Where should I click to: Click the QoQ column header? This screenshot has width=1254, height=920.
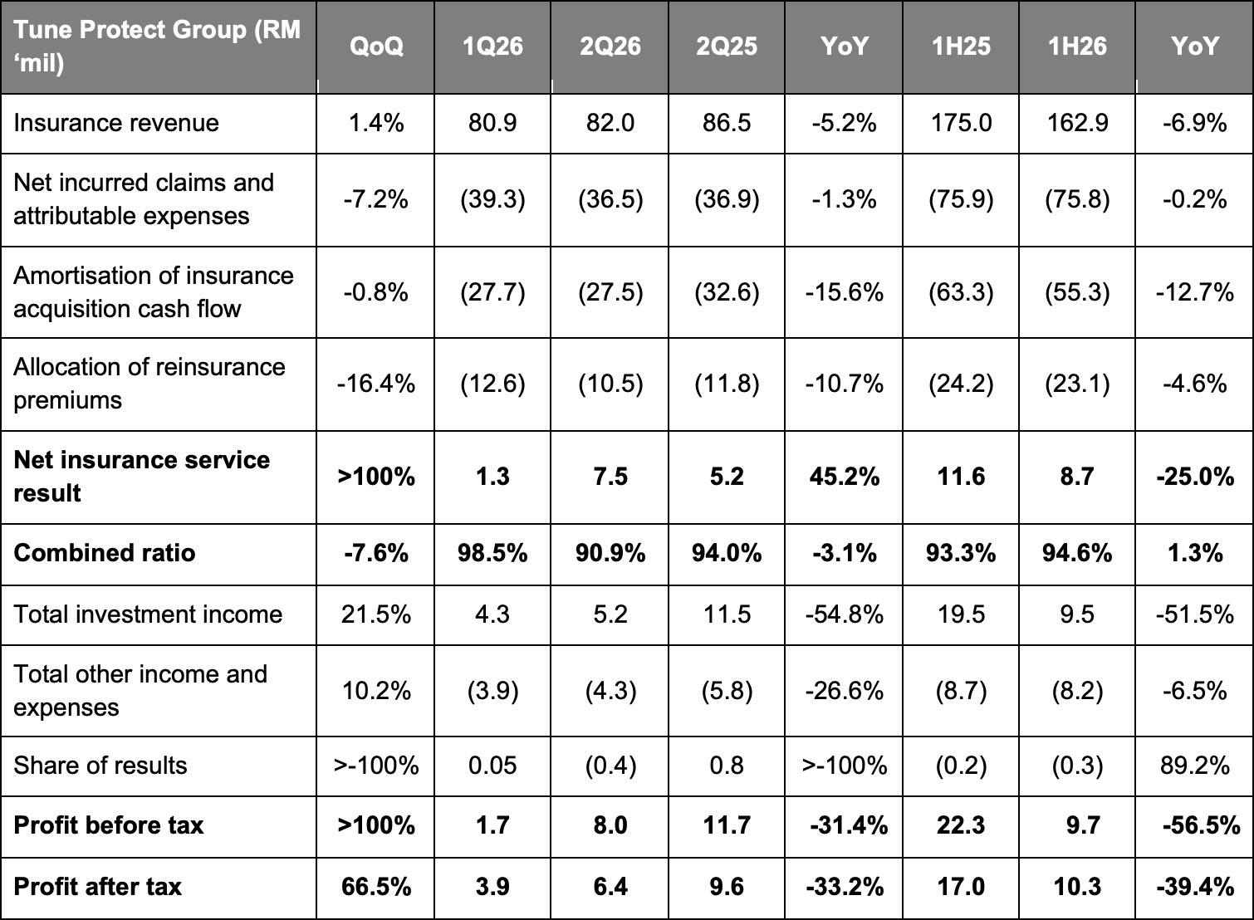click(376, 46)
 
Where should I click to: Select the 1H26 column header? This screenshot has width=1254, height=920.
click(1077, 46)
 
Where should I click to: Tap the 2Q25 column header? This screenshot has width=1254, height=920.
click(727, 46)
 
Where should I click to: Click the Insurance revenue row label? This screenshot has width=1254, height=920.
click(116, 123)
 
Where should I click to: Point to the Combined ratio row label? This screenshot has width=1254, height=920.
click(104, 553)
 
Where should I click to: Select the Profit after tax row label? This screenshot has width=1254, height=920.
click(97, 887)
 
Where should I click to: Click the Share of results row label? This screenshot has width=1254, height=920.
click(100, 766)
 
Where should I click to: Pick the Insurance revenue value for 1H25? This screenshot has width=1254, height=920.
click(961, 123)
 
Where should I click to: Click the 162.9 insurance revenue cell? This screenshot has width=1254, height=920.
click(1078, 123)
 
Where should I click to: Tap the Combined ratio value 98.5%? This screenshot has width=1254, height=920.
click(492, 553)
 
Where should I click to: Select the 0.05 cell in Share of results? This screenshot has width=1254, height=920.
click(492, 766)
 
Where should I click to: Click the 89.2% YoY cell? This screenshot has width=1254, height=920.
click(1195, 766)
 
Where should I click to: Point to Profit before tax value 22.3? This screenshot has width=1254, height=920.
click(961, 825)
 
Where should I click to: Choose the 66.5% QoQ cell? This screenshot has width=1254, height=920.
click(376, 887)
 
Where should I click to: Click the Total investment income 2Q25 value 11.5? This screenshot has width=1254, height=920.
click(727, 614)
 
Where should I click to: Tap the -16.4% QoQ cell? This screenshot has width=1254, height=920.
click(376, 384)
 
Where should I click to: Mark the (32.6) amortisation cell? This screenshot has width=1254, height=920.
click(727, 292)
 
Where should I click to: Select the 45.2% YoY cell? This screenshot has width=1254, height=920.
click(845, 477)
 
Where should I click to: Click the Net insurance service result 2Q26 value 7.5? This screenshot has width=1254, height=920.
click(610, 477)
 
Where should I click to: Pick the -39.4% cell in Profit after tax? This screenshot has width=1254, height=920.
click(1195, 887)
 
